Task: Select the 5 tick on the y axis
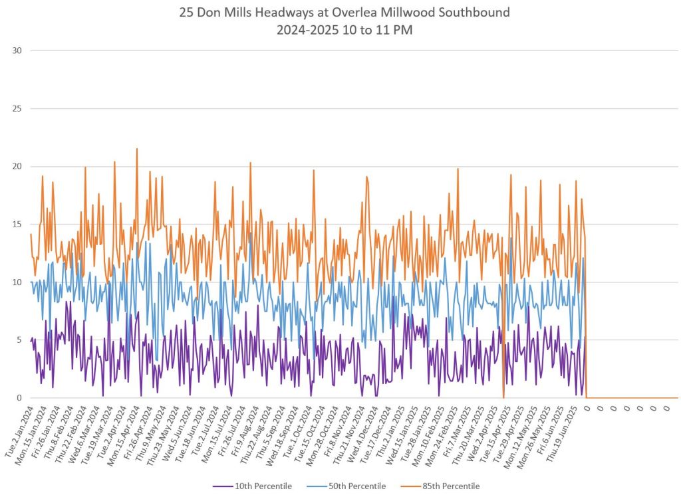coord(19,340)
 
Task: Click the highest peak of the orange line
coord(137,149)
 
